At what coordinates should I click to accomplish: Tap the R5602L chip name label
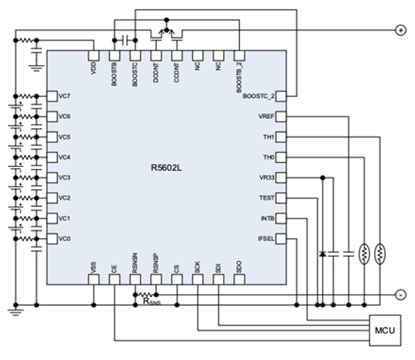click(x=167, y=168)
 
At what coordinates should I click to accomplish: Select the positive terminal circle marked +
click(x=400, y=30)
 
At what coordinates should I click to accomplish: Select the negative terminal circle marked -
click(x=400, y=294)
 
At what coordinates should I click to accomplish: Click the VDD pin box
click(x=94, y=55)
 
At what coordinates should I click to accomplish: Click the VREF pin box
click(x=281, y=117)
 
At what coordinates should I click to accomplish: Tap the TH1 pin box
click(x=281, y=137)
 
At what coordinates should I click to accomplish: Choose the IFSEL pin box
click(x=281, y=239)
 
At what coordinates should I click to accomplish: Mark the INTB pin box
click(x=281, y=219)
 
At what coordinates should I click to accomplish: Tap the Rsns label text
click(x=151, y=300)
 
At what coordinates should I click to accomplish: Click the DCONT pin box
click(x=156, y=55)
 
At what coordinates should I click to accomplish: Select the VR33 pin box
click(x=281, y=178)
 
